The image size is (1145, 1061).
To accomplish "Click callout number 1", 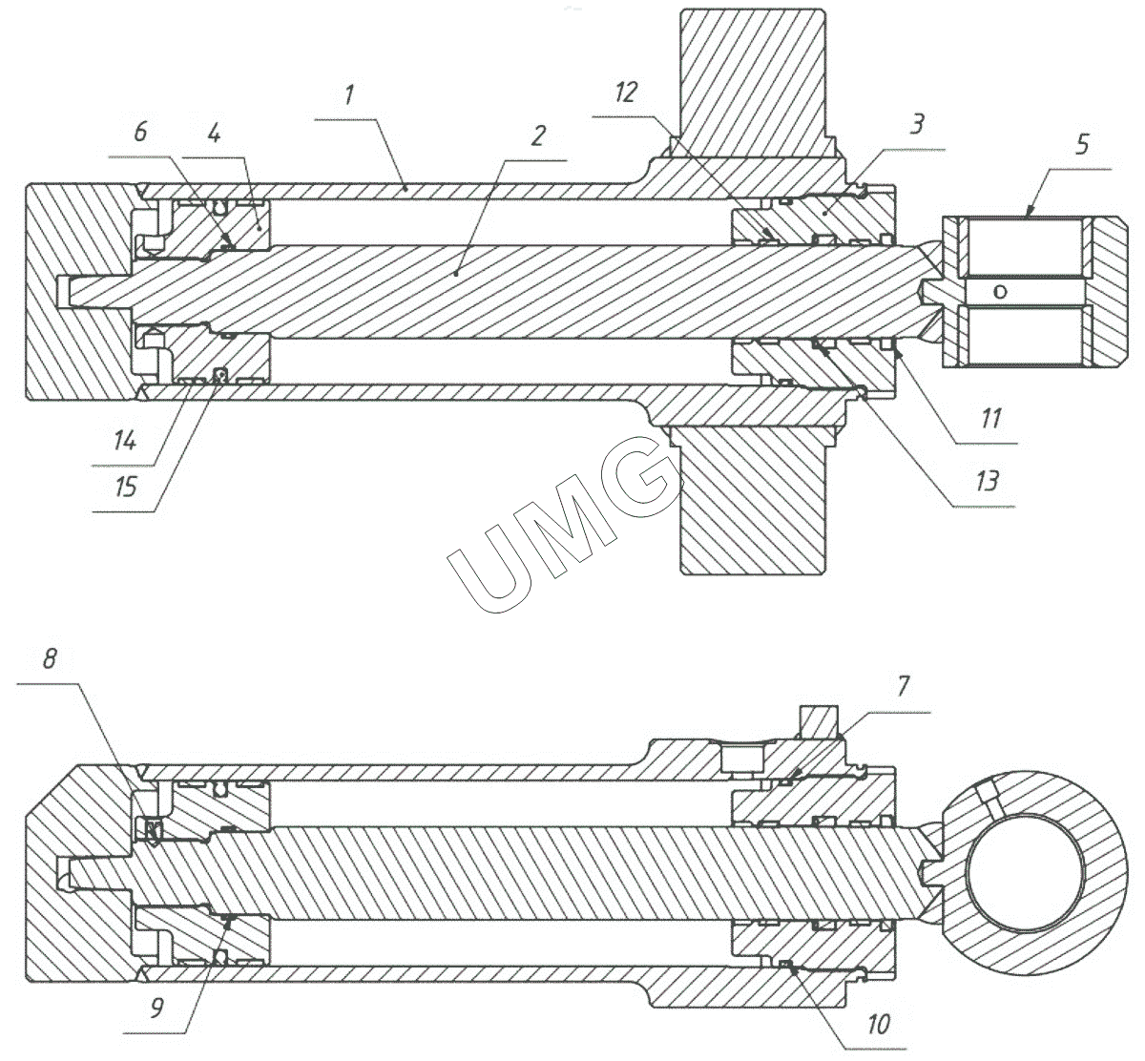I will tap(350, 95).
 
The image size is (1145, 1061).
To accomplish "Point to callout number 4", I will tap(214, 135).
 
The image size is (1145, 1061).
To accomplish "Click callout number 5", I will tap(1081, 146).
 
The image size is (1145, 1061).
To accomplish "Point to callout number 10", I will tap(879, 1025).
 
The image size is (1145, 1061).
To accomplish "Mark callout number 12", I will tap(626, 93).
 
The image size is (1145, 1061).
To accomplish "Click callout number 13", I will tap(987, 480).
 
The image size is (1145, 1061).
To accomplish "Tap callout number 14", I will tap(125, 441).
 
